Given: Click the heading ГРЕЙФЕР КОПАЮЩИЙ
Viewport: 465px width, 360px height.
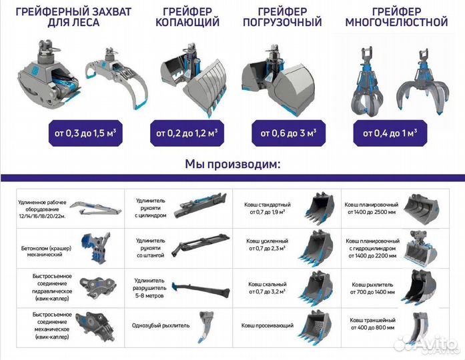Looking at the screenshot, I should coord(187,17).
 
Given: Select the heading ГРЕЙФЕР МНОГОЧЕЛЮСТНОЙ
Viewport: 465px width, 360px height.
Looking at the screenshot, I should coord(396,17).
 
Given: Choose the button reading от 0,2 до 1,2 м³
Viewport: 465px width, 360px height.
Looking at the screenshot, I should coord(187,133).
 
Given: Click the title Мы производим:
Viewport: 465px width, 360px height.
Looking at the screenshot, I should coord(231,163).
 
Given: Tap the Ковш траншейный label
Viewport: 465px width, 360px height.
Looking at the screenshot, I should coord(370,325).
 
